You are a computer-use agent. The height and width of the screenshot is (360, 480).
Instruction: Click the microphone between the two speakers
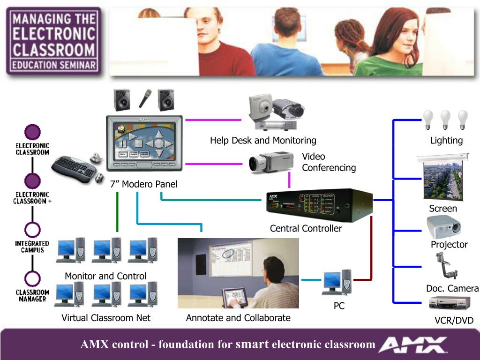[x=145, y=98]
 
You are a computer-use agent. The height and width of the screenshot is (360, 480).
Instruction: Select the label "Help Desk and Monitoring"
[x=263, y=140]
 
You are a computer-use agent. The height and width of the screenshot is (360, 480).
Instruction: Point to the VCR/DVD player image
[x=449, y=305]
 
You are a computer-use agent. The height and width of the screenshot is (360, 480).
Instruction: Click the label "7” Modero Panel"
[x=143, y=184]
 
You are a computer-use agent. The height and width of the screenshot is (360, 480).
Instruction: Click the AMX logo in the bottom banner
[x=412, y=345]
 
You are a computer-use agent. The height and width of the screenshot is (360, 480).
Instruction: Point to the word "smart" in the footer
[x=252, y=345]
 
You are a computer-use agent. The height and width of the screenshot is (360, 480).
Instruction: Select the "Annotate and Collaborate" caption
[x=238, y=318]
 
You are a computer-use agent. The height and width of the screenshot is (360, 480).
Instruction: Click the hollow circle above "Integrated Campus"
[x=32, y=230]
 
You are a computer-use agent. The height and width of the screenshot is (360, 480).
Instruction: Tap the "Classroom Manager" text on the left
[x=32, y=295]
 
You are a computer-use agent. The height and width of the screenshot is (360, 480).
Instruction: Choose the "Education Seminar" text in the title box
[x=54, y=65]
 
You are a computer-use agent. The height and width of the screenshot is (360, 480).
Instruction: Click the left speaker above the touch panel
[x=121, y=99]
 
